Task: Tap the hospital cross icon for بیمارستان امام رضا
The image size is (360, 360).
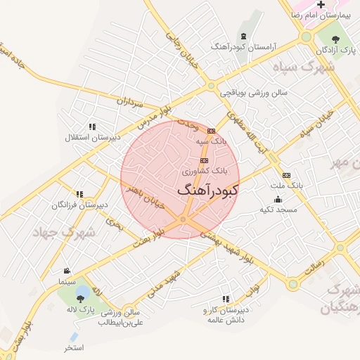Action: click(x=321, y=6)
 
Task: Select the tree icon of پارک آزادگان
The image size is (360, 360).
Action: click(x=335, y=39)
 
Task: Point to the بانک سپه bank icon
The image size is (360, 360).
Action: click(x=211, y=131)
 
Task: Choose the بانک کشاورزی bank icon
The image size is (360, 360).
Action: click(x=204, y=160)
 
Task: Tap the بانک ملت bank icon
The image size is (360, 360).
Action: click(x=285, y=175)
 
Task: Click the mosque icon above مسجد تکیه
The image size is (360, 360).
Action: click(x=278, y=199)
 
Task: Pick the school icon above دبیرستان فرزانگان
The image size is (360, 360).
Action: click(x=79, y=194)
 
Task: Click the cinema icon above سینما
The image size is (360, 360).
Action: click(x=67, y=271)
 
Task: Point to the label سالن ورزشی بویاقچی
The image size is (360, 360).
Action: click(x=252, y=92)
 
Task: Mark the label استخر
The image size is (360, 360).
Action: click(x=74, y=347)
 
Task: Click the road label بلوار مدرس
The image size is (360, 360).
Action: click(x=153, y=116)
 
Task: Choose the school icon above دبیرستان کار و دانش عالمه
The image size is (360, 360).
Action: click(x=226, y=300)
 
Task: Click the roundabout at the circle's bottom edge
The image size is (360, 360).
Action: click(x=183, y=220)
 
